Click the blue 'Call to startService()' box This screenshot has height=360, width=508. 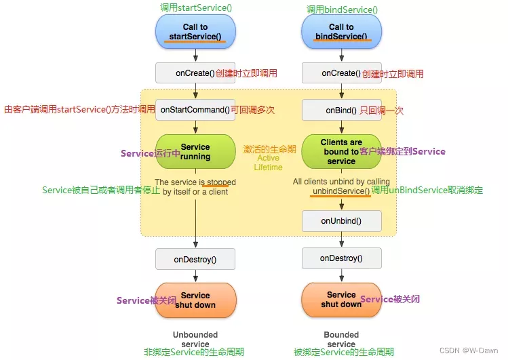coord(195,32)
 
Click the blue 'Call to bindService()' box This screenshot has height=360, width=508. coord(341,32)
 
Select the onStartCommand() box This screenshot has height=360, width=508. coord(195,110)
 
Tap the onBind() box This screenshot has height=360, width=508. coord(341,110)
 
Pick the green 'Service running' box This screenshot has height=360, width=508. coord(195,152)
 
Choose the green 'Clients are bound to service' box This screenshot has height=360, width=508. coord(341,152)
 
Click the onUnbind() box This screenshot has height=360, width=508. coord(341,221)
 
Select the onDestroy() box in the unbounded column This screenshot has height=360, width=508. coord(195,259)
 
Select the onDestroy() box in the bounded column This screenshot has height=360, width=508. coord(341,258)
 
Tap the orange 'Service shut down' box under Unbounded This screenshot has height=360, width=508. coord(195,300)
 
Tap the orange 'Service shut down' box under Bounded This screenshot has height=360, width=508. coord(341,300)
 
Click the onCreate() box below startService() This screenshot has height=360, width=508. coord(195,73)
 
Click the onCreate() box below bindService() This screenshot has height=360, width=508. coord(341,73)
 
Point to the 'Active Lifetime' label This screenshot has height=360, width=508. coord(268,163)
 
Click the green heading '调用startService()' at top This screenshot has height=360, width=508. coord(195,7)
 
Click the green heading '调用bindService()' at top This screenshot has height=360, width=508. coord(342,9)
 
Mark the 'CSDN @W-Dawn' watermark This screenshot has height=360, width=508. coord(469,351)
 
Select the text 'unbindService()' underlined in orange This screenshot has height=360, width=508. coord(341,191)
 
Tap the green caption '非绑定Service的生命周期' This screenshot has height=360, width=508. coord(194,353)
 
